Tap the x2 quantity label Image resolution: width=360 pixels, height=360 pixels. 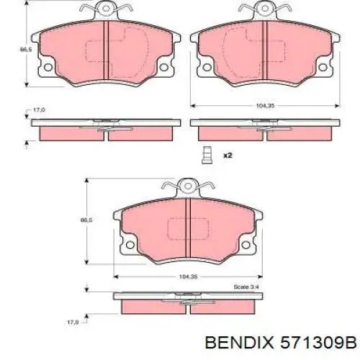[x=227, y=155]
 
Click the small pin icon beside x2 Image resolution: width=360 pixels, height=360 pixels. [x=207, y=153]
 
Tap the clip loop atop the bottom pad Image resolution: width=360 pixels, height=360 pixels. [x=186, y=186]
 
